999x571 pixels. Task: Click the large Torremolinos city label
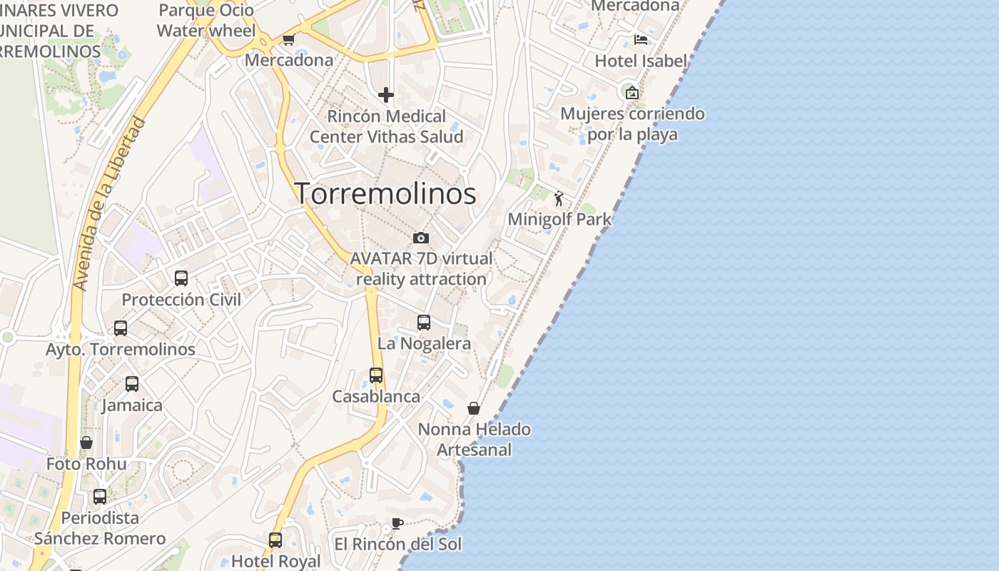385,193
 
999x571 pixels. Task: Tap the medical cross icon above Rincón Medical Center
386,95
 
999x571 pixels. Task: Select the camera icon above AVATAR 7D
421,238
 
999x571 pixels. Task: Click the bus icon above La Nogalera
424,323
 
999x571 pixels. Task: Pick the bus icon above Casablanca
376,375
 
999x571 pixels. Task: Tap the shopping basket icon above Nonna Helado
473,408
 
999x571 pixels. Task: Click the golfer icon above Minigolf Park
559,198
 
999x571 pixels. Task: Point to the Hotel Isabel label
641,61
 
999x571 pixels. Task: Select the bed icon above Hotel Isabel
641,40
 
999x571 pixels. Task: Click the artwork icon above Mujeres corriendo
632,92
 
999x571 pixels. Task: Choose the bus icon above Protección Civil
181,278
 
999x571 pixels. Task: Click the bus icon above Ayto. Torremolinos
121,328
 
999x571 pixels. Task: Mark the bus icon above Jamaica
132,384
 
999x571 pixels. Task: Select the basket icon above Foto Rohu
86,443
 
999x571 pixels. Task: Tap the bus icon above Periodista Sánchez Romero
100,496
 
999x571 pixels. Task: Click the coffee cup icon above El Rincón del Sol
397,523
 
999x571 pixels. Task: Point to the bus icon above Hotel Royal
275,540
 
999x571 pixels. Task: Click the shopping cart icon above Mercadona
288,40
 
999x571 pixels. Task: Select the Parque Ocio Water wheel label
206,21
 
